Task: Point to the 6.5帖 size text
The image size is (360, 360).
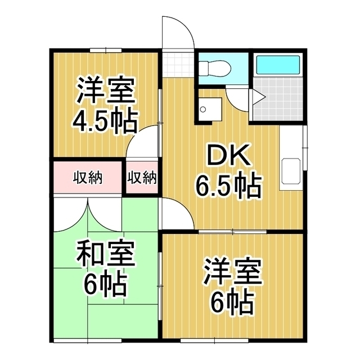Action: (x=228, y=186)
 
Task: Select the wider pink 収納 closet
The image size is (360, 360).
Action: (x=87, y=178)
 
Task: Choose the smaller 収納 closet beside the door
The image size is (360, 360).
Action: (x=141, y=178)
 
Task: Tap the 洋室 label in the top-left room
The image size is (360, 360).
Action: (x=105, y=90)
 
